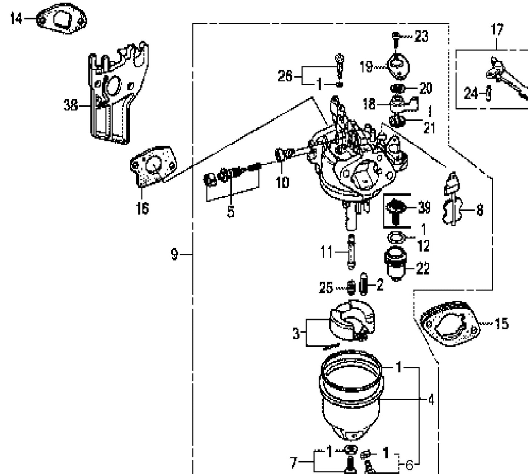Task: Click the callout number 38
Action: click(71, 106)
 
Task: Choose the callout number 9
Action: click(175, 254)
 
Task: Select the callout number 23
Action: click(421, 37)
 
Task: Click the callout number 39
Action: click(424, 208)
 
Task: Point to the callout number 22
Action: click(423, 269)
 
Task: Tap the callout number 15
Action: click(501, 324)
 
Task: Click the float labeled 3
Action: click(352, 320)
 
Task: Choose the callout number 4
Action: click(431, 400)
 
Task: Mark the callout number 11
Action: click(327, 252)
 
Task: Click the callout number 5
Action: click(231, 211)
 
